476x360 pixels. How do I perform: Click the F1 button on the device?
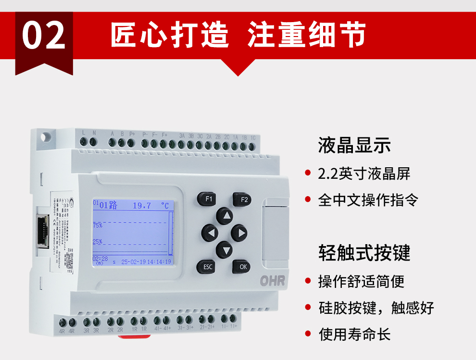click(x=207, y=199)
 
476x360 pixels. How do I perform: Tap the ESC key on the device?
click(x=207, y=266)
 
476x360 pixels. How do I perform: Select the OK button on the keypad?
click(x=242, y=266)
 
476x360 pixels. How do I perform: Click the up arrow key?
click(x=225, y=216)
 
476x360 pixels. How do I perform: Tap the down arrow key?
click(x=225, y=249)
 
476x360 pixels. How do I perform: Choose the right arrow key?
click(x=239, y=233)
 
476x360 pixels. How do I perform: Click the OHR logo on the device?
click(x=272, y=281)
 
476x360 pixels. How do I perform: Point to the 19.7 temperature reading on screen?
click(x=142, y=205)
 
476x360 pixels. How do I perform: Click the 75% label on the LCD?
click(x=97, y=224)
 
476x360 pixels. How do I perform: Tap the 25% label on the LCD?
click(x=97, y=241)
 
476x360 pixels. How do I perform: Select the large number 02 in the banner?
click(x=44, y=36)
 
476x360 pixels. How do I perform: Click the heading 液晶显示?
click(x=354, y=145)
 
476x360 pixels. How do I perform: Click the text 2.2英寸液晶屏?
click(x=364, y=174)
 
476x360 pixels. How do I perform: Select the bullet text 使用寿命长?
click(x=354, y=334)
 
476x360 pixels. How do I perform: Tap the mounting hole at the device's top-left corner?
click(x=46, y=136)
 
